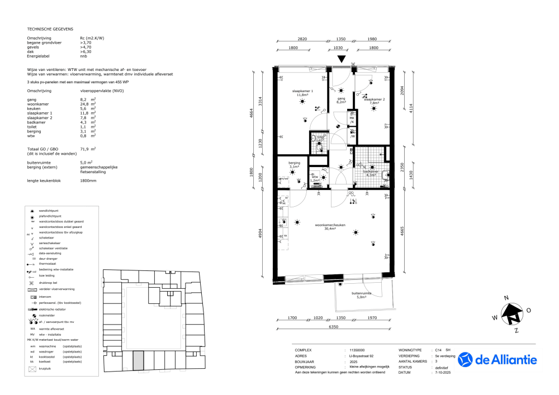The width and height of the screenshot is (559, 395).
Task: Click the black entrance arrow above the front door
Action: click(342, 60)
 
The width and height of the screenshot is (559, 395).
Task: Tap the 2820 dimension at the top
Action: click(302, 40)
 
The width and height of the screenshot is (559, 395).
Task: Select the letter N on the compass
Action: click(506, 298)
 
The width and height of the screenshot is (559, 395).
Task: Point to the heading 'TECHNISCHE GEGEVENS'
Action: click(50, 28)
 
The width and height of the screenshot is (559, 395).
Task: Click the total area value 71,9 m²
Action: click(88, 149)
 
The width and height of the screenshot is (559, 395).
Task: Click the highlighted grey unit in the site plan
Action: click(138, 361)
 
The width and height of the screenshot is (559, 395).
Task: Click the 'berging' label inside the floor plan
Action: click(294, 164)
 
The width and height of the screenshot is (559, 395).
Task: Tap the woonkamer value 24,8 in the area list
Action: click(85, 104)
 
